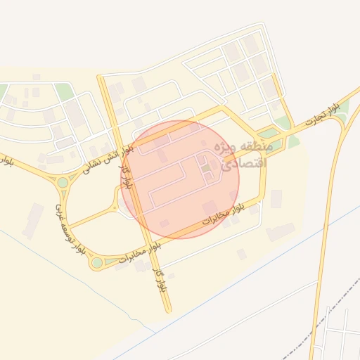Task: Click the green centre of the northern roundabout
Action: click(x=63, y=182)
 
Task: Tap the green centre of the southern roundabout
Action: click(x=96, y=262)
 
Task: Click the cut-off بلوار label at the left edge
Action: click(x=6, y=160)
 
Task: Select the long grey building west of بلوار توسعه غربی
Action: click(x=32, y=219)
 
